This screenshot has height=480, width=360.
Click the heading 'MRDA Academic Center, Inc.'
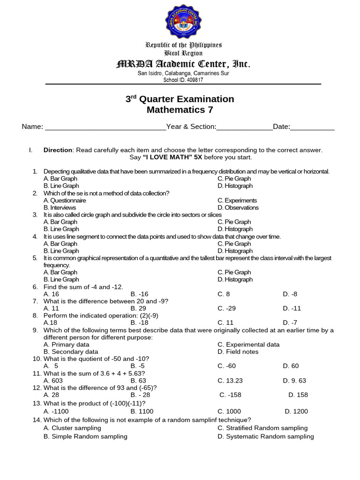[183, 64]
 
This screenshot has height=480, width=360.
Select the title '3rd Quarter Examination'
[180, 99]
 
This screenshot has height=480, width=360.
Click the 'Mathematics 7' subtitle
[180, 110]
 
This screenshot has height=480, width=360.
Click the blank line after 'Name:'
[105, 127]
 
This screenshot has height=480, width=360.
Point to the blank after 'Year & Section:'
[244, 127]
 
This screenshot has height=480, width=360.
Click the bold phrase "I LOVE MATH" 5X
[175, 157]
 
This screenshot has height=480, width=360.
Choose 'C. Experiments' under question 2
[237, 200]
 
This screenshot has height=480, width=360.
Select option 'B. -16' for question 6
[139, 294]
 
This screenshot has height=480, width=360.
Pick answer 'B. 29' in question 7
[138, 308]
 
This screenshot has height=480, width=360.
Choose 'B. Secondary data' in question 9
[71, 352]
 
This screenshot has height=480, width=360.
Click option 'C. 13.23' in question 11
[230, 381]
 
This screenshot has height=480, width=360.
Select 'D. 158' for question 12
[298, 395]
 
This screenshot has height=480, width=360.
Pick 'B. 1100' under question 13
[141, 411]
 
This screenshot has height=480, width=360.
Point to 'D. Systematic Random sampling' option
[265, 436]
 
